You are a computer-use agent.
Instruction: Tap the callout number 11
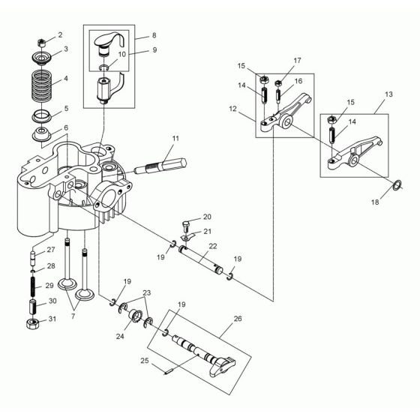point(176,138)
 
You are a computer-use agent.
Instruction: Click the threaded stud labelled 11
point(160,166)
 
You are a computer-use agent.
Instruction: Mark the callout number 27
point(52,250)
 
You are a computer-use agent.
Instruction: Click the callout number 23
point(147,293)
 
